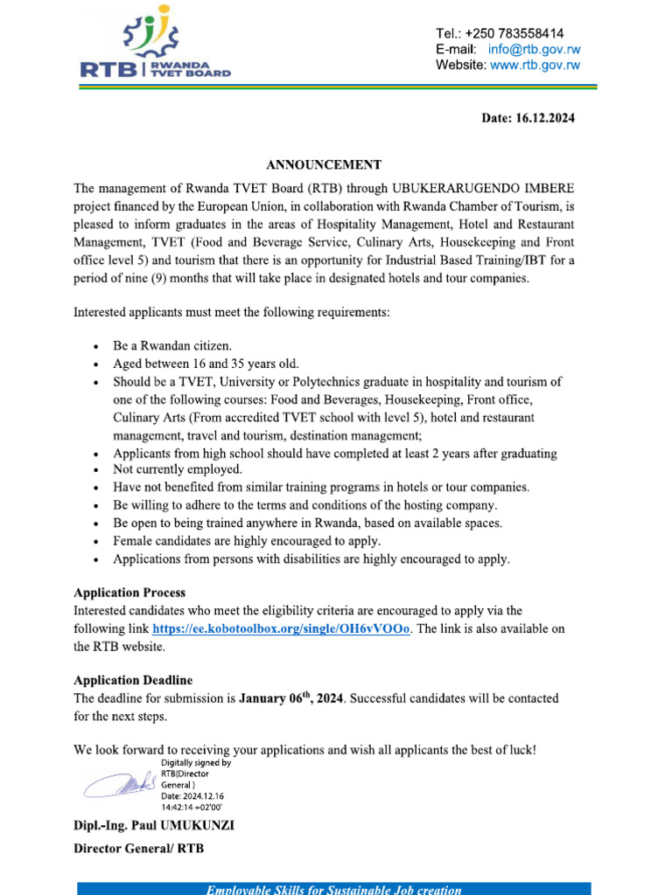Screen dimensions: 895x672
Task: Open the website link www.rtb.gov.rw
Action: (x=535, y=65)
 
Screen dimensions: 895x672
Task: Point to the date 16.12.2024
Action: (x=528, y=118)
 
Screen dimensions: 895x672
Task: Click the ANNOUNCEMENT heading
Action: (x=324, y=164)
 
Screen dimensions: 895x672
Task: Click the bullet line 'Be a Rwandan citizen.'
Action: (x=172, y=345)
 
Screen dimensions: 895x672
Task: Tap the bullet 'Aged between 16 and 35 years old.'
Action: (x=205, y=364)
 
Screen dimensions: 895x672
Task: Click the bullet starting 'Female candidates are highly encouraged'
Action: (x=247, y=541)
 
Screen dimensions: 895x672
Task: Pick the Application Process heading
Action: (x=129, y=593)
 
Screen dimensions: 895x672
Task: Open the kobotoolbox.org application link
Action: (x=281, y=629)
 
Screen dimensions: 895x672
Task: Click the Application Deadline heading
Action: (x=133, y=680)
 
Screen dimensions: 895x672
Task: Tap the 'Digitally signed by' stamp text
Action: (x=196, y=762)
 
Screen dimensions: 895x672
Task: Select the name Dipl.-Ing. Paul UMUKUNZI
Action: (x=153, y=826)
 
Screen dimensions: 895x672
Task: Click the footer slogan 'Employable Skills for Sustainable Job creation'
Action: (x=333, y=890)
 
